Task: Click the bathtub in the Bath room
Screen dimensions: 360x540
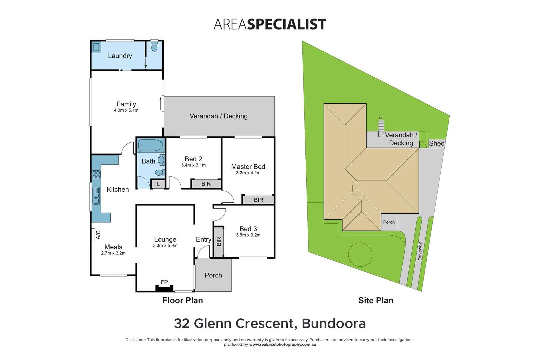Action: (150, 145)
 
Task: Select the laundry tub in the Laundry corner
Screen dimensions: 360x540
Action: (96, 47)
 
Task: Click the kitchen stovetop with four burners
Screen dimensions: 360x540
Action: (96, 175)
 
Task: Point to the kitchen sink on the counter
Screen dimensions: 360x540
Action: (96, 196)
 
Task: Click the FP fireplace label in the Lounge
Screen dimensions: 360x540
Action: (164, 282)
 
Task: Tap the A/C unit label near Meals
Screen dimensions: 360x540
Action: (98, 235)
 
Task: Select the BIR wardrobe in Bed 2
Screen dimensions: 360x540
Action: (206, 184)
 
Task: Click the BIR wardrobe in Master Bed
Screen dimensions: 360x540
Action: (258, 200)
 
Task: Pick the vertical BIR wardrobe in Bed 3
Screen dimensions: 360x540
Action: (219, 242)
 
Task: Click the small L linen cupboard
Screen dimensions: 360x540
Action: (158, 184)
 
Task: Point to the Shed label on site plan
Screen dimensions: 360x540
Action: (437, 143)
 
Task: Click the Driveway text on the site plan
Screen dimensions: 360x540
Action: (420, 251)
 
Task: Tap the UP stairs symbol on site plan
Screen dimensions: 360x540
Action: (381, 125)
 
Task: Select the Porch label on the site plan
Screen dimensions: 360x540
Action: (389, 222)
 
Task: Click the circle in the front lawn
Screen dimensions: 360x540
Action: (360, 255)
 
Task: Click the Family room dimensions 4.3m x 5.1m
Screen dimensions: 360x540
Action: (126, 110)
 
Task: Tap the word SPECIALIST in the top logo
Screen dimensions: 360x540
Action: (286, 24)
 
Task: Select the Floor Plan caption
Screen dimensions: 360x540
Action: (183, 300)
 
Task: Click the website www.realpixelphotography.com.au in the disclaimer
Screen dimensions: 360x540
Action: (282, 345)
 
